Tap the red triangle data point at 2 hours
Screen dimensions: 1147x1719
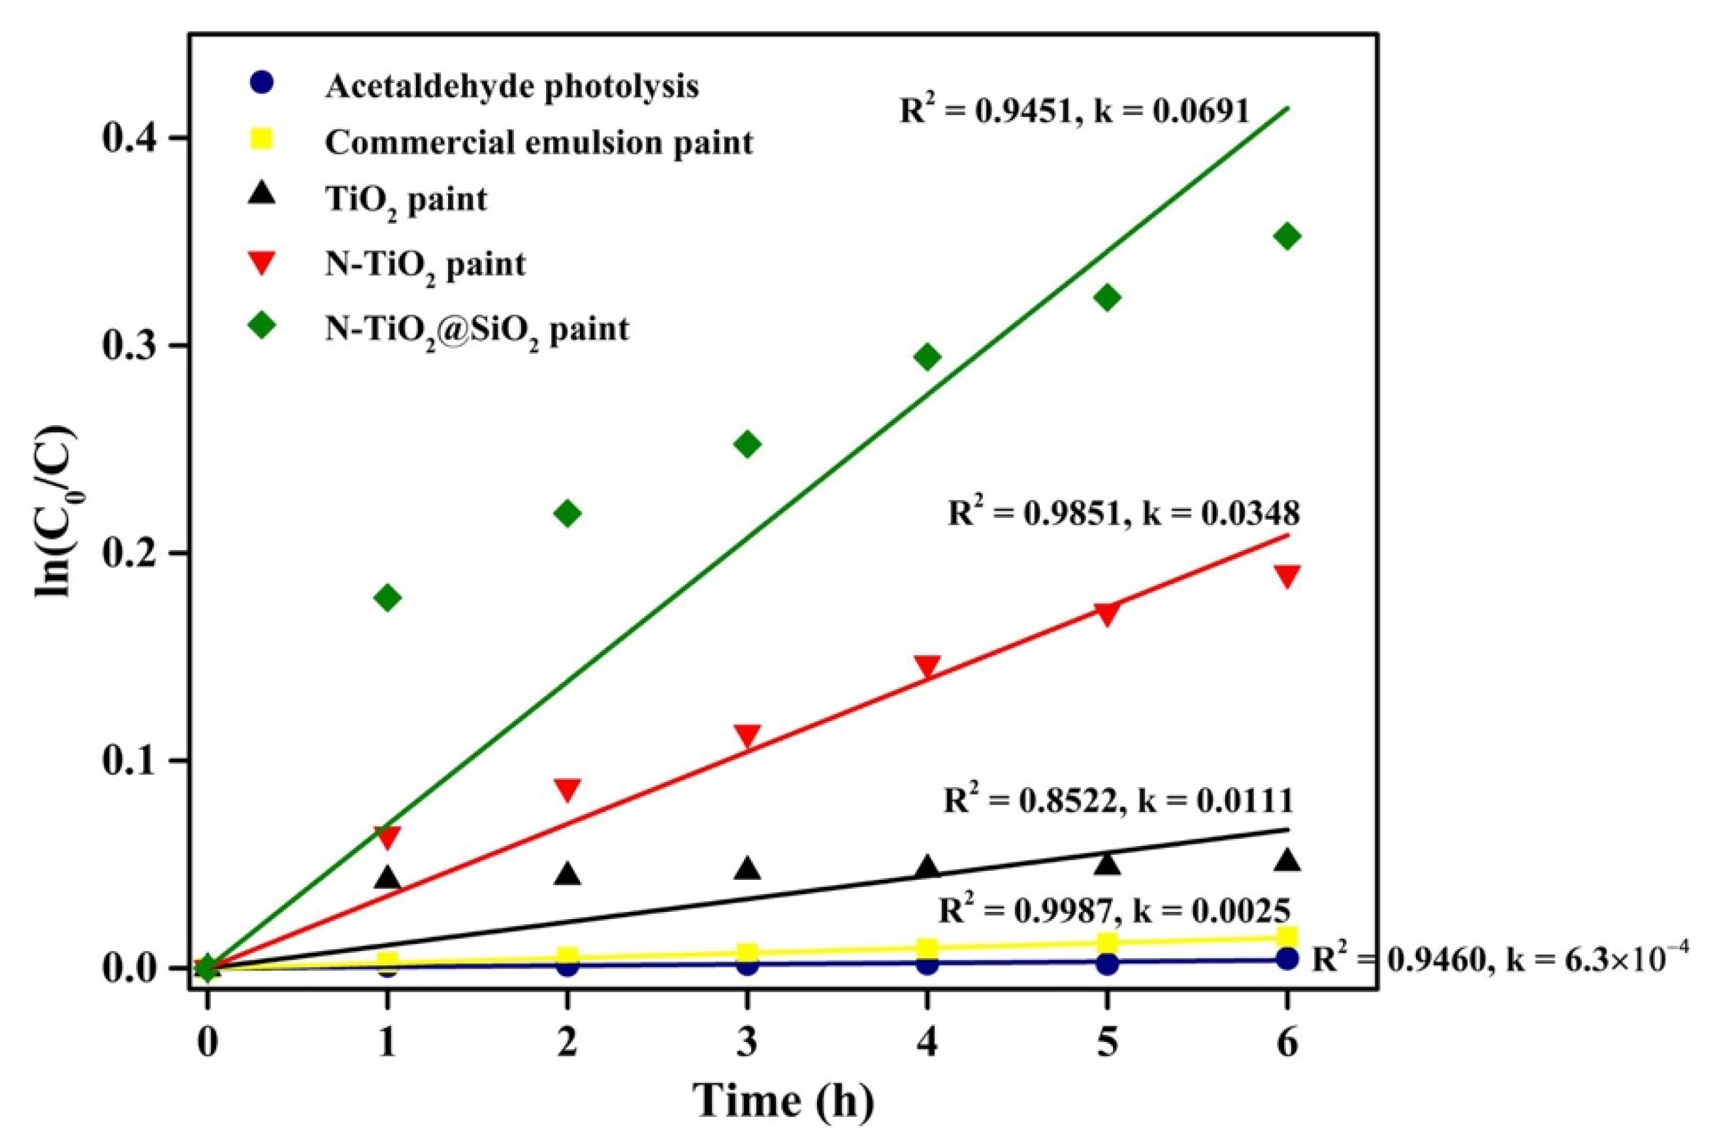(568, 789)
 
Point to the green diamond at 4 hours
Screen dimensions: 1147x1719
(927, 357)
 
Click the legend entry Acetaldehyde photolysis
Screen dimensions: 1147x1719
(512, 86)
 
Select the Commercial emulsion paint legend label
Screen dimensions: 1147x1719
(539, 142)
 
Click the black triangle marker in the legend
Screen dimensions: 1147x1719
(262, 195)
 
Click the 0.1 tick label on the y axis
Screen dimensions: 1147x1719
(139, 761)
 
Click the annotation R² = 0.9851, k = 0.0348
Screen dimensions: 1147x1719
(1123, 513)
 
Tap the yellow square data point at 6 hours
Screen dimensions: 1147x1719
(1287, 937)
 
